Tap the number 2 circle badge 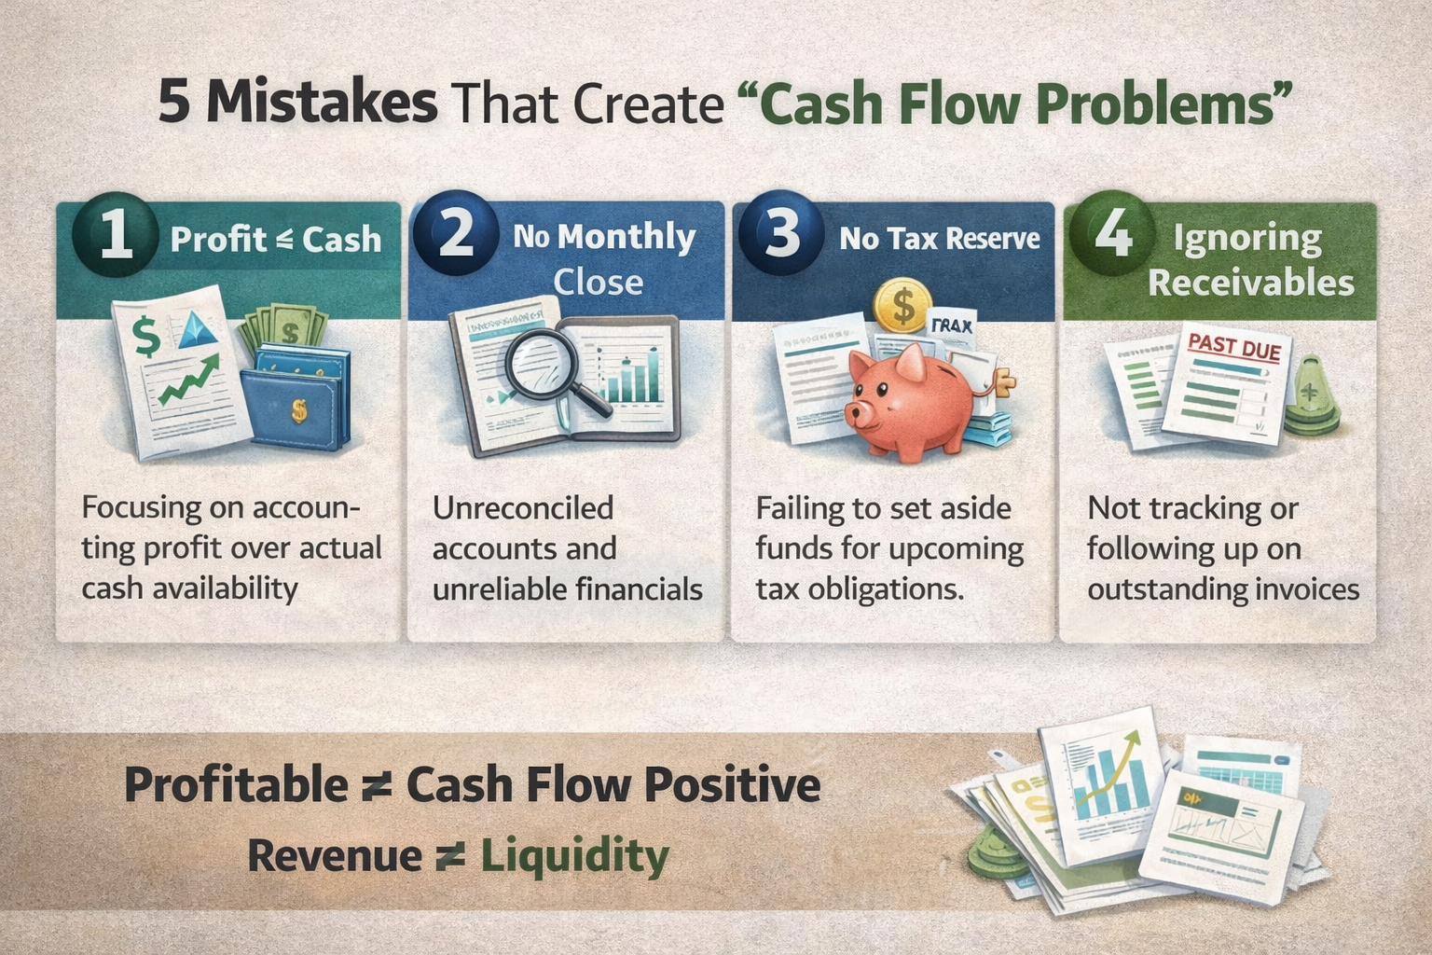456,233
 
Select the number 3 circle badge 781,233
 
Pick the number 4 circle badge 1112,233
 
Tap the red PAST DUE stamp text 1234,347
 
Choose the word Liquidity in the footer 574,856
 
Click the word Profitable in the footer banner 237,785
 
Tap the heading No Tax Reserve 939,239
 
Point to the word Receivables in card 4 1250,282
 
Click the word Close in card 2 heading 598,282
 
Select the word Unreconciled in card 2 522,508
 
